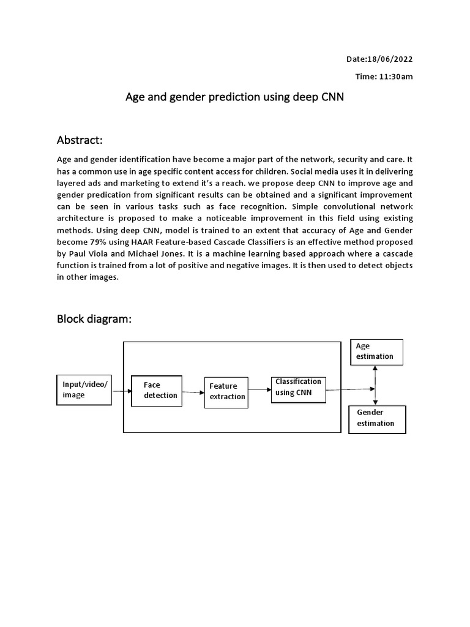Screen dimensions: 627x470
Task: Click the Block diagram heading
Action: pyautogui.click(x=94, y=319)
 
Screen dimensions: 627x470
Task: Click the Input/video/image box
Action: pyautogui.click(x=84, y=390)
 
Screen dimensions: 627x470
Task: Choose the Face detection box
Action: pyautogui.click(x=157, y=390)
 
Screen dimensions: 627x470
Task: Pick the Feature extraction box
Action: pyautogui.click(x=226, y=391)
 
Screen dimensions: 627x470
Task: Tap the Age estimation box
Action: pyautogui.click(x=376, y=351)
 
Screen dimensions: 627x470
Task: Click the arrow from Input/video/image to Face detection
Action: pyautogui.click(x=122, y=390)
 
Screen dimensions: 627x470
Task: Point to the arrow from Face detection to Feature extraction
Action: pyautogui.click(x=193, y=392)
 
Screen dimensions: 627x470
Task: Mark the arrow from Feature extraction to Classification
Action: pyautogui.click(x=259, y=389)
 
